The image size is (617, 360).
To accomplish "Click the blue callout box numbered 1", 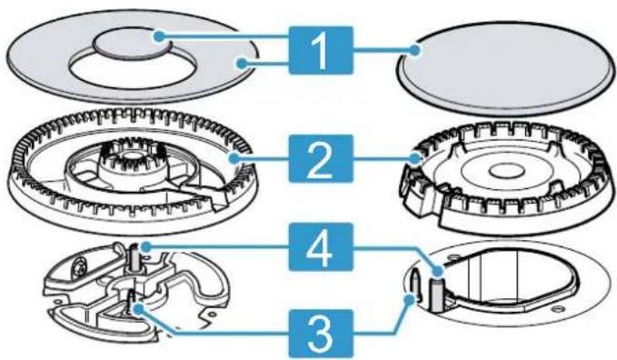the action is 321,50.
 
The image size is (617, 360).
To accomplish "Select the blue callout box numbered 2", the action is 321,158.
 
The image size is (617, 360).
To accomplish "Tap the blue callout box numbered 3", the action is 321,334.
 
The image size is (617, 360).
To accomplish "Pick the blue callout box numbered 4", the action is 321,247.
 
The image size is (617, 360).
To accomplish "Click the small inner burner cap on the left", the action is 132,44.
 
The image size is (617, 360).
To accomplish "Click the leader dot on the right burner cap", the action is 414,50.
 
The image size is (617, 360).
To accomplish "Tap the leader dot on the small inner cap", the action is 159,36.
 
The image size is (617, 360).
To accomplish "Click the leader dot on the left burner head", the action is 234,158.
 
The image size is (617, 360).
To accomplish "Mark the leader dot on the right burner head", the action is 414,159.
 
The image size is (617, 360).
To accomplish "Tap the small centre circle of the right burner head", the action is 506,171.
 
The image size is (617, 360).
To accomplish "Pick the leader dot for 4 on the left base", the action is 146,247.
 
